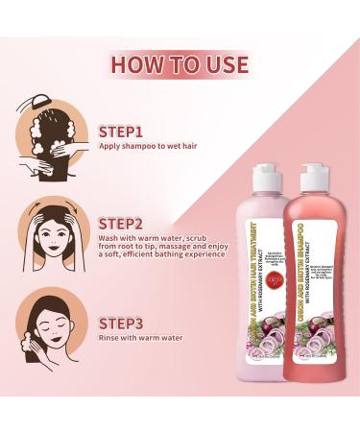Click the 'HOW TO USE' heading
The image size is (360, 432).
[180, 64]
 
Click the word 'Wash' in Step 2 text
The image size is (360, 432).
[108, 240]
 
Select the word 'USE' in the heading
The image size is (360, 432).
[222, 64]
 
